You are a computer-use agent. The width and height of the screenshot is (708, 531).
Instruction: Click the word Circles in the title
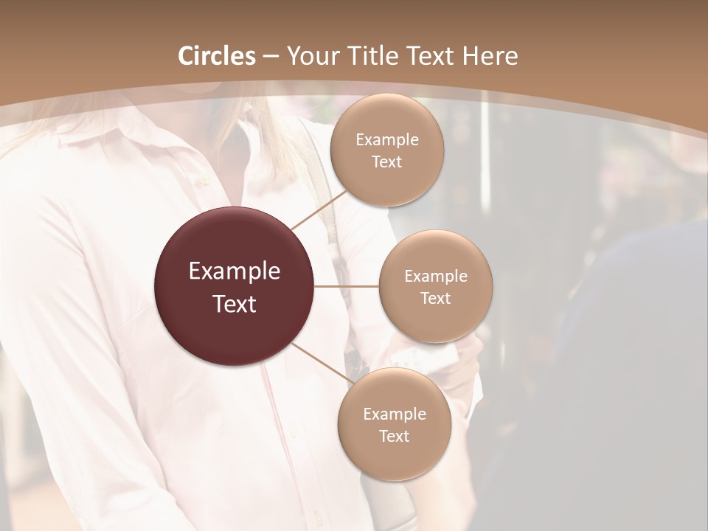[217, 56]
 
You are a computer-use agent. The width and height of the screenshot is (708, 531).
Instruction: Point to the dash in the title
[271, 57]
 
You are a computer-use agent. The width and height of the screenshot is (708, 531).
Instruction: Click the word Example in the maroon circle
[235, 271]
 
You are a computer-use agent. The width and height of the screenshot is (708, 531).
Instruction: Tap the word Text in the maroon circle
[235, 304]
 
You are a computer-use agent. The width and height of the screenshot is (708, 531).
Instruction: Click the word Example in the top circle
[386, 140]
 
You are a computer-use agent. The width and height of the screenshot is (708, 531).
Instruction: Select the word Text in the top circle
[386, 162]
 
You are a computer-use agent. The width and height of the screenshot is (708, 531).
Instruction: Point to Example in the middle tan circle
[435, 277]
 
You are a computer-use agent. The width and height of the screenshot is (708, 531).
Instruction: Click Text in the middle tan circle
[435, 299]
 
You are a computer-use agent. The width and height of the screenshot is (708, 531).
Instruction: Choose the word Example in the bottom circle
[394, 414]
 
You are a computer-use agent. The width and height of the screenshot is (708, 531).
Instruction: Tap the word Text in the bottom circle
[394, 436]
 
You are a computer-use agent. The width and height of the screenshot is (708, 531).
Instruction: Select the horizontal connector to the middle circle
[347, 286]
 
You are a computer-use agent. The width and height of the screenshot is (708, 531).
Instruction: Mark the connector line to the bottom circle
[322, 364]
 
